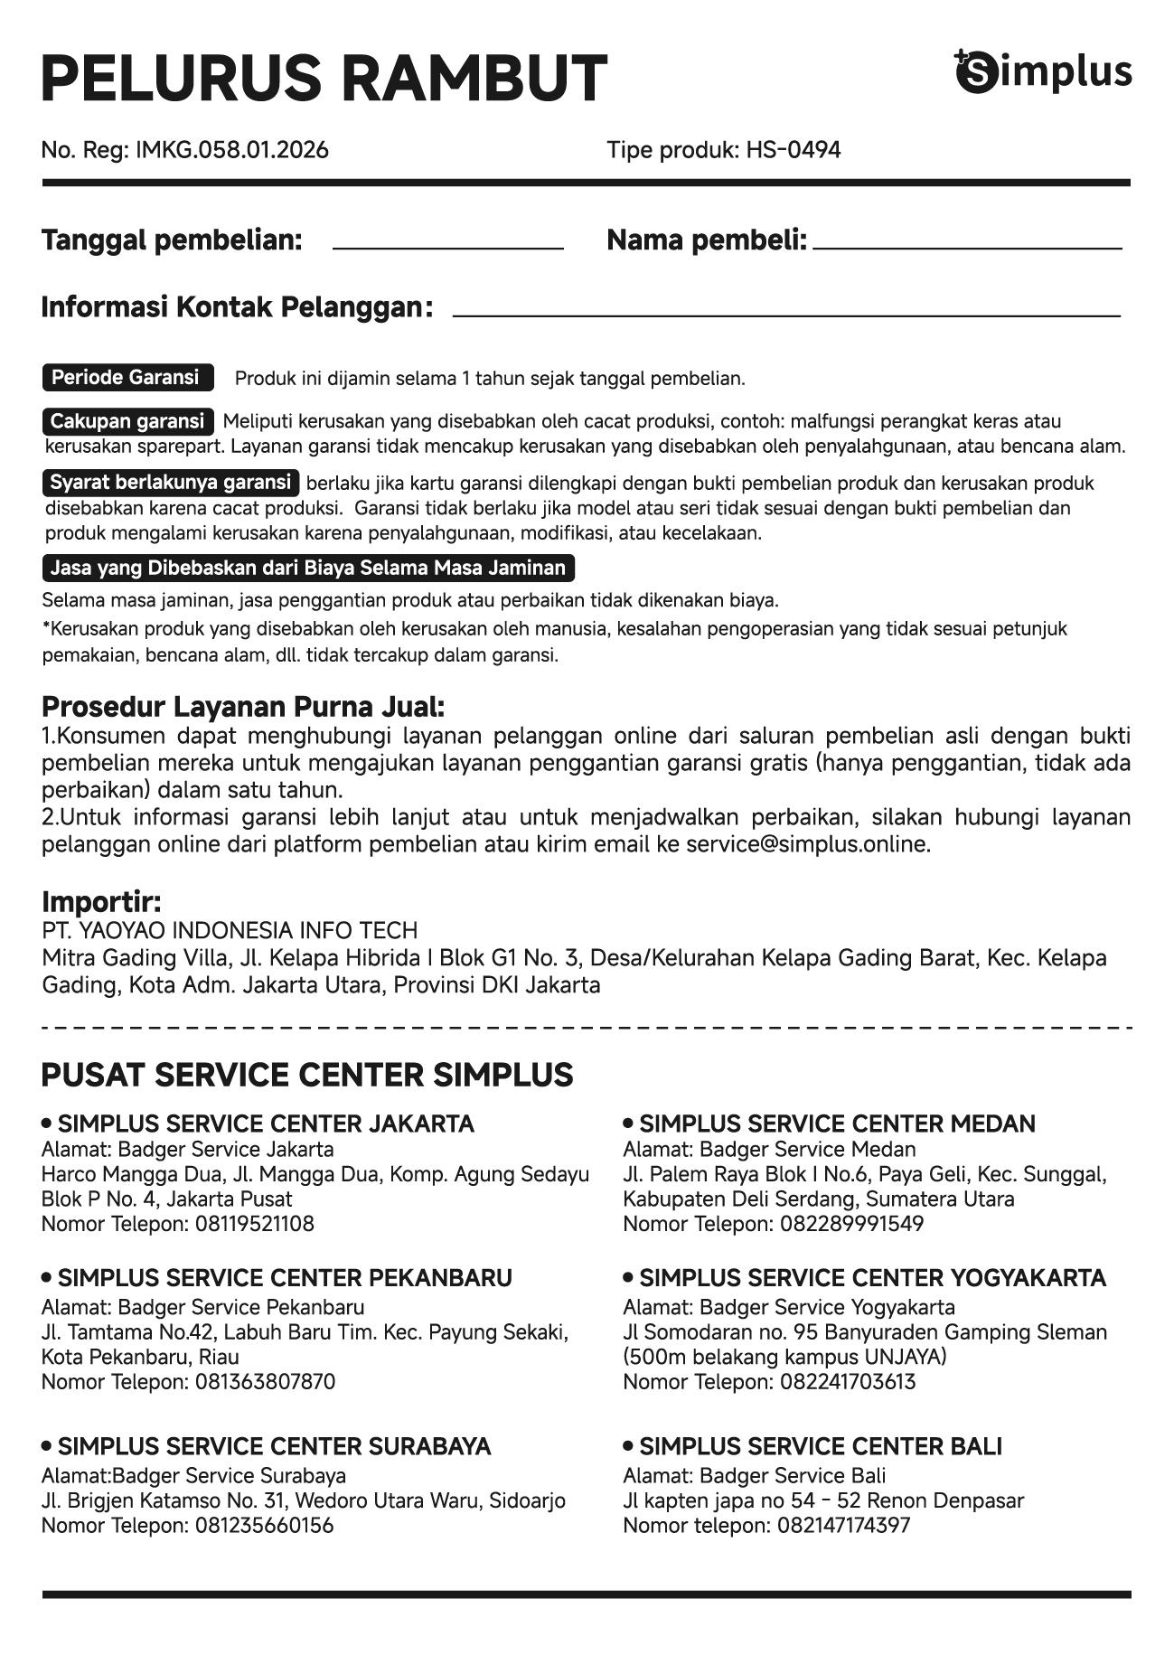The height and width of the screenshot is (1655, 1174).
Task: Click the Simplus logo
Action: click(1043, 71)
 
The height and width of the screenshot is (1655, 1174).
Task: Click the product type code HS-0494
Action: click(793, 150)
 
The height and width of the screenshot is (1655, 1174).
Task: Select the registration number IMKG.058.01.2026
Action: click(231, 150)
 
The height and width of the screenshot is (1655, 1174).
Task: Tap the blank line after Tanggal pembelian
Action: click(447, 246)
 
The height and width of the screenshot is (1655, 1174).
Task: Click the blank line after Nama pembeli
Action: click(966, 246)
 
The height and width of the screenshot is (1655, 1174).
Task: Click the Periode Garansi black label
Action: click(127, 378)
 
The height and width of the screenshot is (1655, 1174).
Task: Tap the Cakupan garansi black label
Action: click(127, 421)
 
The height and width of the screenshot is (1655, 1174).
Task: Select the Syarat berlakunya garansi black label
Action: click(171, 483)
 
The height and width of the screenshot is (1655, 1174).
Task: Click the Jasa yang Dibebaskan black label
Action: click(308, 569)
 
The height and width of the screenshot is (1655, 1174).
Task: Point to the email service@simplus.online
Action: click(807, 844)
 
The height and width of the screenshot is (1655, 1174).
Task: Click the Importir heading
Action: click(101, 901)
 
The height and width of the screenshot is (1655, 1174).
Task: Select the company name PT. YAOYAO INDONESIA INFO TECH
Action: click(230, 930)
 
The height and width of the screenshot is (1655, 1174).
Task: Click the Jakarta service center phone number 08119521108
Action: click(254, 1224)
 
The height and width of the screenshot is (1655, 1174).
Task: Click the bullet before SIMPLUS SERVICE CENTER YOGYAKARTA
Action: click(628, 1277)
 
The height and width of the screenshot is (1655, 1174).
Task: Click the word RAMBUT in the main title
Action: click(474, 78)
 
